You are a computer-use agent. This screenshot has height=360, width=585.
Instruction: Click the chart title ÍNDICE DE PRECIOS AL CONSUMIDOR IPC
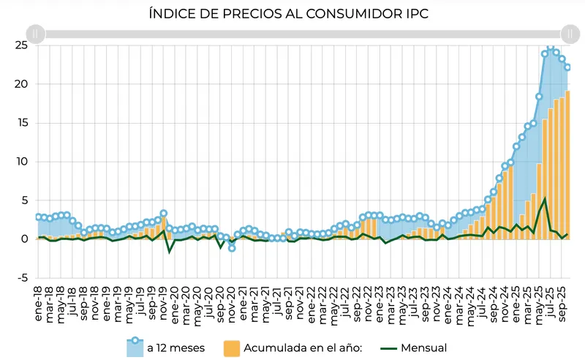tap(292, 14)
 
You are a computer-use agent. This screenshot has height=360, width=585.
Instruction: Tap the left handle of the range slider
tap(36, 34)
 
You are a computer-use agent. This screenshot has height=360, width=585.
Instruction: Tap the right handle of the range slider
tap(570, 34)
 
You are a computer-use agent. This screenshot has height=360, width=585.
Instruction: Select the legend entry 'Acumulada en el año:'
tap(292, 348)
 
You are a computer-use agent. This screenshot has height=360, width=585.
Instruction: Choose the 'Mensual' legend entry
tap(420, 348)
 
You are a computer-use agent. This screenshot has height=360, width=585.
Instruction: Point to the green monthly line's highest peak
tap(545, 199)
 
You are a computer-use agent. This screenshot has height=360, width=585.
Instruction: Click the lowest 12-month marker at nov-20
tap(231, 248)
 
